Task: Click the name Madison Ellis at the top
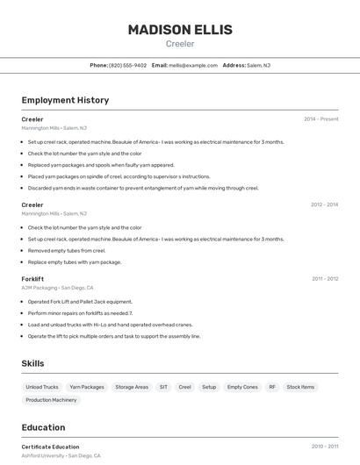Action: (180, 29)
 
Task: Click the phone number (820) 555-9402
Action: (128, 65)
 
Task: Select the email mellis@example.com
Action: (193, 65)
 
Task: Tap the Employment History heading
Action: (65, 100)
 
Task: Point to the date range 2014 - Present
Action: (320, 119)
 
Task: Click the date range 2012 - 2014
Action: (324, 205)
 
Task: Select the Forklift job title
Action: (32, 279)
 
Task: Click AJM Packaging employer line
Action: (57, 288)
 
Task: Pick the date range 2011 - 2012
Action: (325, 279)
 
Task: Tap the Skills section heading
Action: (33, 363)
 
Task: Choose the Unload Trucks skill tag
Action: (42, 387)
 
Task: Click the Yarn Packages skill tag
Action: (87, 387)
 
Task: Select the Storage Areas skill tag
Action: (132, 387)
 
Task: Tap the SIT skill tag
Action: (163, 387)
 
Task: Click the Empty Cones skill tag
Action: (242, 387)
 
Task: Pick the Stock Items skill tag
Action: (300, 387)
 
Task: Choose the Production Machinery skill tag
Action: (51, 400)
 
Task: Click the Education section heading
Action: (45, 427)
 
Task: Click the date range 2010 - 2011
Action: (325, 447)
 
